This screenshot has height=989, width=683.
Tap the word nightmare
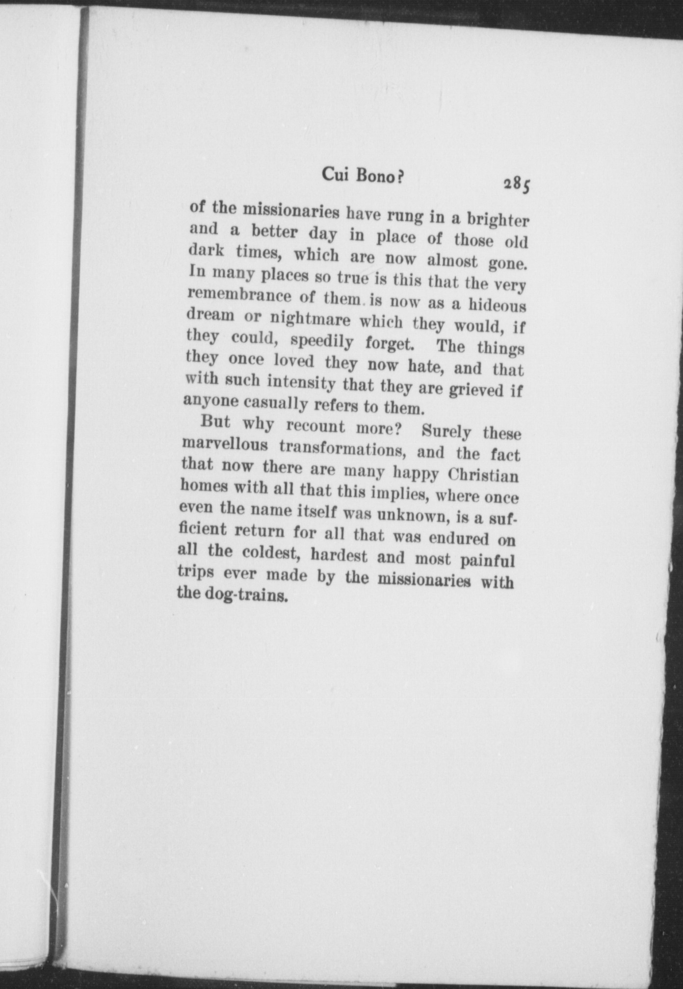coord(310,320)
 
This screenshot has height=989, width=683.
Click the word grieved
coord(475,390)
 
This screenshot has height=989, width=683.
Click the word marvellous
coord(225,445)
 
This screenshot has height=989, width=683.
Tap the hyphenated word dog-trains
coord(232,596)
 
